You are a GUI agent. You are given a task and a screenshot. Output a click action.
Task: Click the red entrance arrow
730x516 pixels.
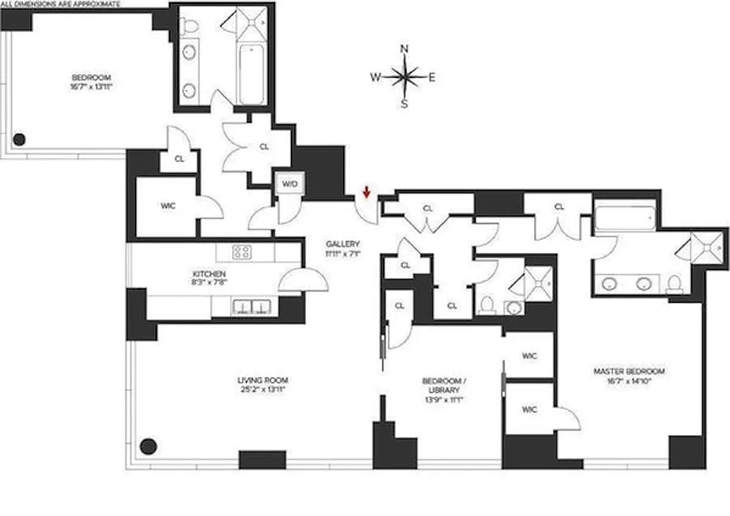[366, 191]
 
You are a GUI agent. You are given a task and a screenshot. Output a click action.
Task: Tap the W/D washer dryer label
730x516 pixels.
[290, 184]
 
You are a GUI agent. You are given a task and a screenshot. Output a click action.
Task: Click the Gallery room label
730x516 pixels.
[342, 244]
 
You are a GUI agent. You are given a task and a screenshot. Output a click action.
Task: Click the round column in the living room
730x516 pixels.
[149, 446]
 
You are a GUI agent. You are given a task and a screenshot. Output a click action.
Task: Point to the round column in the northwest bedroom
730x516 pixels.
[20, 139]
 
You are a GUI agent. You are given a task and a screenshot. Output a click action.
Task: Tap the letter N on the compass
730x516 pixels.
[404, 49]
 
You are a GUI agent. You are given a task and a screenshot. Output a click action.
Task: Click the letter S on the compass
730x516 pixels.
[404, 103]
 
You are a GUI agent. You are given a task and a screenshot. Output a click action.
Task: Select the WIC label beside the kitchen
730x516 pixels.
[168, 206]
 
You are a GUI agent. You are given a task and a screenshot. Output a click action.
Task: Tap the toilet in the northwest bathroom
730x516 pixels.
[190, 26]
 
